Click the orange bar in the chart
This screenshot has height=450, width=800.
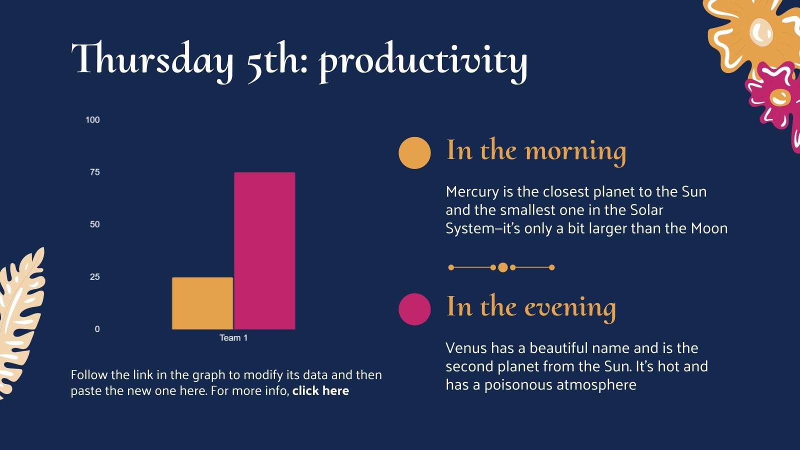[x=202, y=303]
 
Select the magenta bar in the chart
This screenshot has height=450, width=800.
[x=264, y=250]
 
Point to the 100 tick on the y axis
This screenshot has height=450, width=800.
[x=92, y=120]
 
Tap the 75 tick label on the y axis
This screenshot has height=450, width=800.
[x=94, y=172]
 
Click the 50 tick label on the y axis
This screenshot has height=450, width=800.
[x=94, y=224]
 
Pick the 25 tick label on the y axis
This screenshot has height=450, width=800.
[x=94, y=277]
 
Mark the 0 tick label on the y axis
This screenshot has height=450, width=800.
[x=97, y=329]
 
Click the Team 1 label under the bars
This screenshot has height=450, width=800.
[x=233, y=338]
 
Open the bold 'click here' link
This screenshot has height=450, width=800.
[x=320, y=391]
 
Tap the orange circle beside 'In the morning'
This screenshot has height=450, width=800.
[x=414, y=152]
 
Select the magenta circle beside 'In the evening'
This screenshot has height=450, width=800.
[x=414, y=309]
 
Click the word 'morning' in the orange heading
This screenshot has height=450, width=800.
[x=575, y=151]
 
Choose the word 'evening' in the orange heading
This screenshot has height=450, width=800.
[x=570, y=307]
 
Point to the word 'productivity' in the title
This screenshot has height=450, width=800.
[x=423, y=61]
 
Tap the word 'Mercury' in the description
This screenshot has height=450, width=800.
[x=472, y=191]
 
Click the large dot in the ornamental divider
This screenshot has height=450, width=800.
[x=503, y=267]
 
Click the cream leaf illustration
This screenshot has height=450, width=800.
[x=20, y=320]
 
